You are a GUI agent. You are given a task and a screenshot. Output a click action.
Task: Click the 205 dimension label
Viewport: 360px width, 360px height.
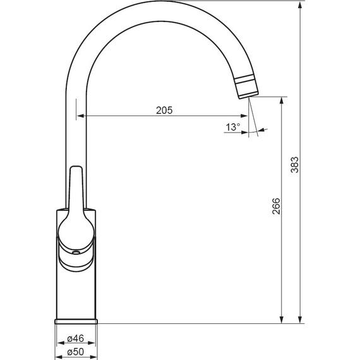click(x=164, y=111)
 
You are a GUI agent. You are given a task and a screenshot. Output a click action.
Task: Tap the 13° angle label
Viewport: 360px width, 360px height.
click(x=233, y=127)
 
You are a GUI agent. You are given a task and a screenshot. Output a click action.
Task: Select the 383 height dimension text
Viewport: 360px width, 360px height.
click(x=295, y=165)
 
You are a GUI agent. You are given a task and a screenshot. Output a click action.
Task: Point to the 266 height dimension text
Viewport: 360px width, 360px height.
click(x=276, y=206)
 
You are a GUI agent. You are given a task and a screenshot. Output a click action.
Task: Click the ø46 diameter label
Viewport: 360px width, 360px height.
click(x=76, y=339)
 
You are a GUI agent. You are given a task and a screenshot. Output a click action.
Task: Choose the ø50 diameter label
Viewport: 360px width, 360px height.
click(x=76, y=352)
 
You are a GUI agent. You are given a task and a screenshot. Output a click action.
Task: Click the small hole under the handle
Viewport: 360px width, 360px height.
click(x=76, y=253)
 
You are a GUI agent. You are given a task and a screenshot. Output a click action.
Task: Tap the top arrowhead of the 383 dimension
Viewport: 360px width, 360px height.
click(x=300, y=5)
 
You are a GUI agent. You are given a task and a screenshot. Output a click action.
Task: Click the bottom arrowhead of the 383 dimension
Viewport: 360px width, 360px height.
click(x=300, y=320)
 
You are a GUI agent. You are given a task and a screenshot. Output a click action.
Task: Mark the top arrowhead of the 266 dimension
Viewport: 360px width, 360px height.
click(x=282, y=101)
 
